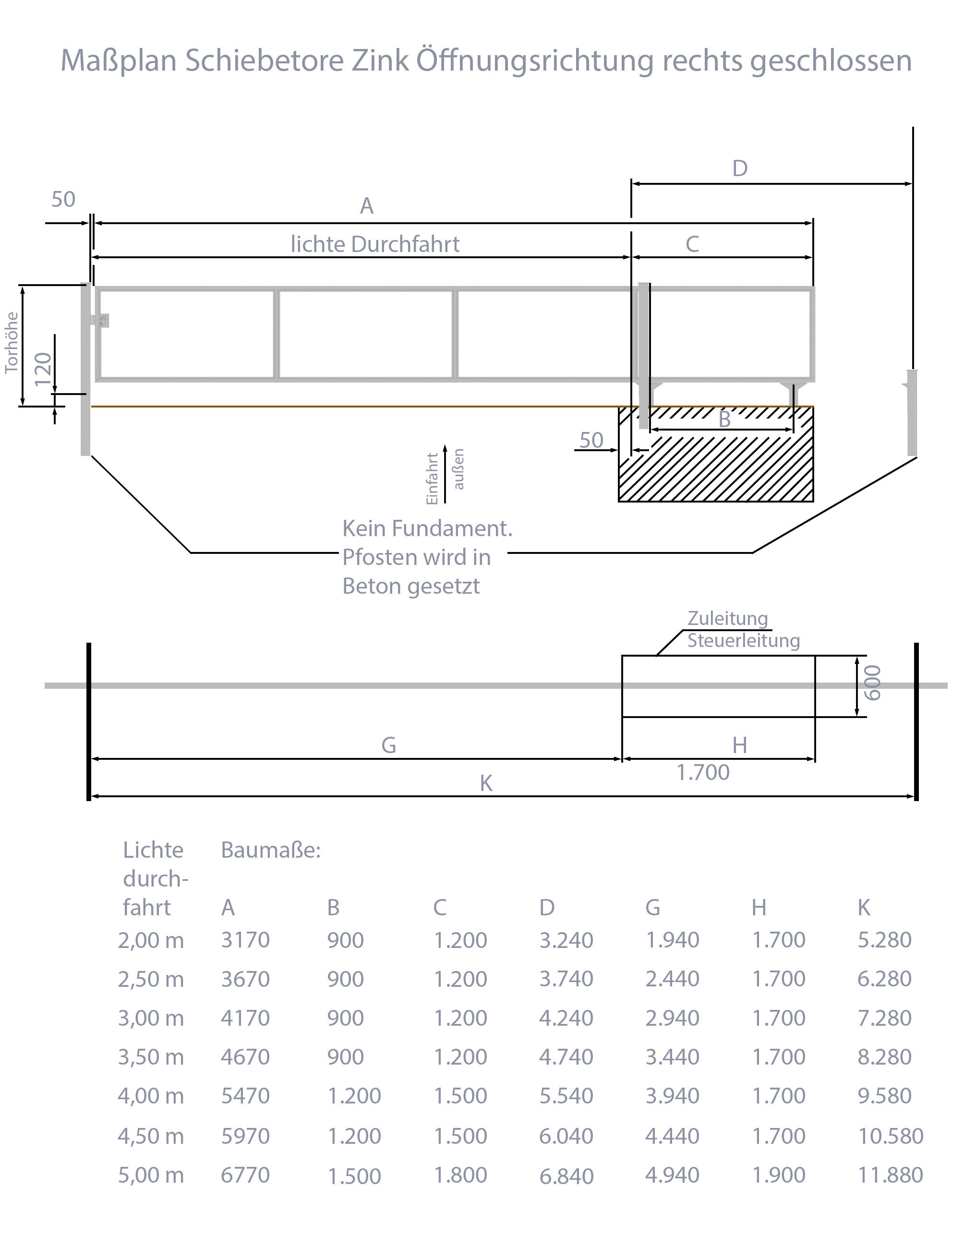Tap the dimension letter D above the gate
[x=739, y=169]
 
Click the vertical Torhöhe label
[x=12, y=343]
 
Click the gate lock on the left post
[x=102, y=320]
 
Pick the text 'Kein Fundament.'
[x=427, y=529]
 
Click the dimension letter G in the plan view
[x=388, y=745]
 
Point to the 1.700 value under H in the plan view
[x=702, y=772]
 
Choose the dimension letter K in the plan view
[x=486, y=783]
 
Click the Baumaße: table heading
[x=271, y=850]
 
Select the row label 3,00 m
[x=151, y=1019]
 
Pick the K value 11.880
[x=890, y=1175]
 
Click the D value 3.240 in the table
[x=566, y=940]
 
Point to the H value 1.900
[x=778, y=1175]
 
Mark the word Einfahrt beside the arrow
[x=433, y=479]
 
